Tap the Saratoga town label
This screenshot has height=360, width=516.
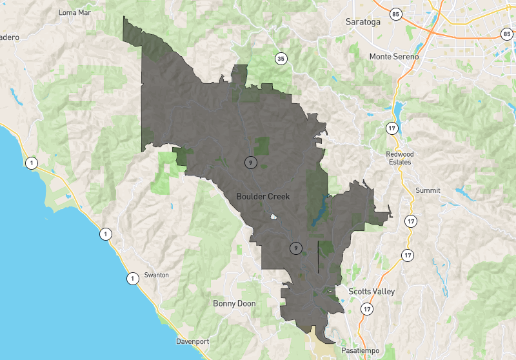pyautogui.click(x=362, y=21)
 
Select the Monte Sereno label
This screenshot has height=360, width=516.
pyautogui.click(x=393, y=57)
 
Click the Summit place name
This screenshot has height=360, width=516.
pyautogui.click(x=428, y=190)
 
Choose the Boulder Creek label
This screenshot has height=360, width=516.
pyautogui.click(x=263, y=196)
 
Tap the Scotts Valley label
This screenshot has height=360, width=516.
pyautogui.click(x=371, y=292)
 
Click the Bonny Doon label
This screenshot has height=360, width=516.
pyautogui.click(x=234, y=303)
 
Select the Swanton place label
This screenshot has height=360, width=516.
pyautogui.click(x=157, y=275)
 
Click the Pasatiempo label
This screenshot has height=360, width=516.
pyautogui.click(x=361, y=350)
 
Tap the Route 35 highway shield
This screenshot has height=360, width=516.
pyautogui.click(x=280, y=59)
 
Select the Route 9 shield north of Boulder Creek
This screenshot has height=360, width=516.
pyautogui.click(x=250, y=162)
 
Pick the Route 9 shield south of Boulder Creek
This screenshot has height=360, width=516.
pyautogui.click(x=295, y=247)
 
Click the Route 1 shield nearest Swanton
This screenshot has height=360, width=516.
pyautogui.click(x=132, y=279)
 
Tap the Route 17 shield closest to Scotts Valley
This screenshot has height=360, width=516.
pyautogui.click(x=367, y=309)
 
